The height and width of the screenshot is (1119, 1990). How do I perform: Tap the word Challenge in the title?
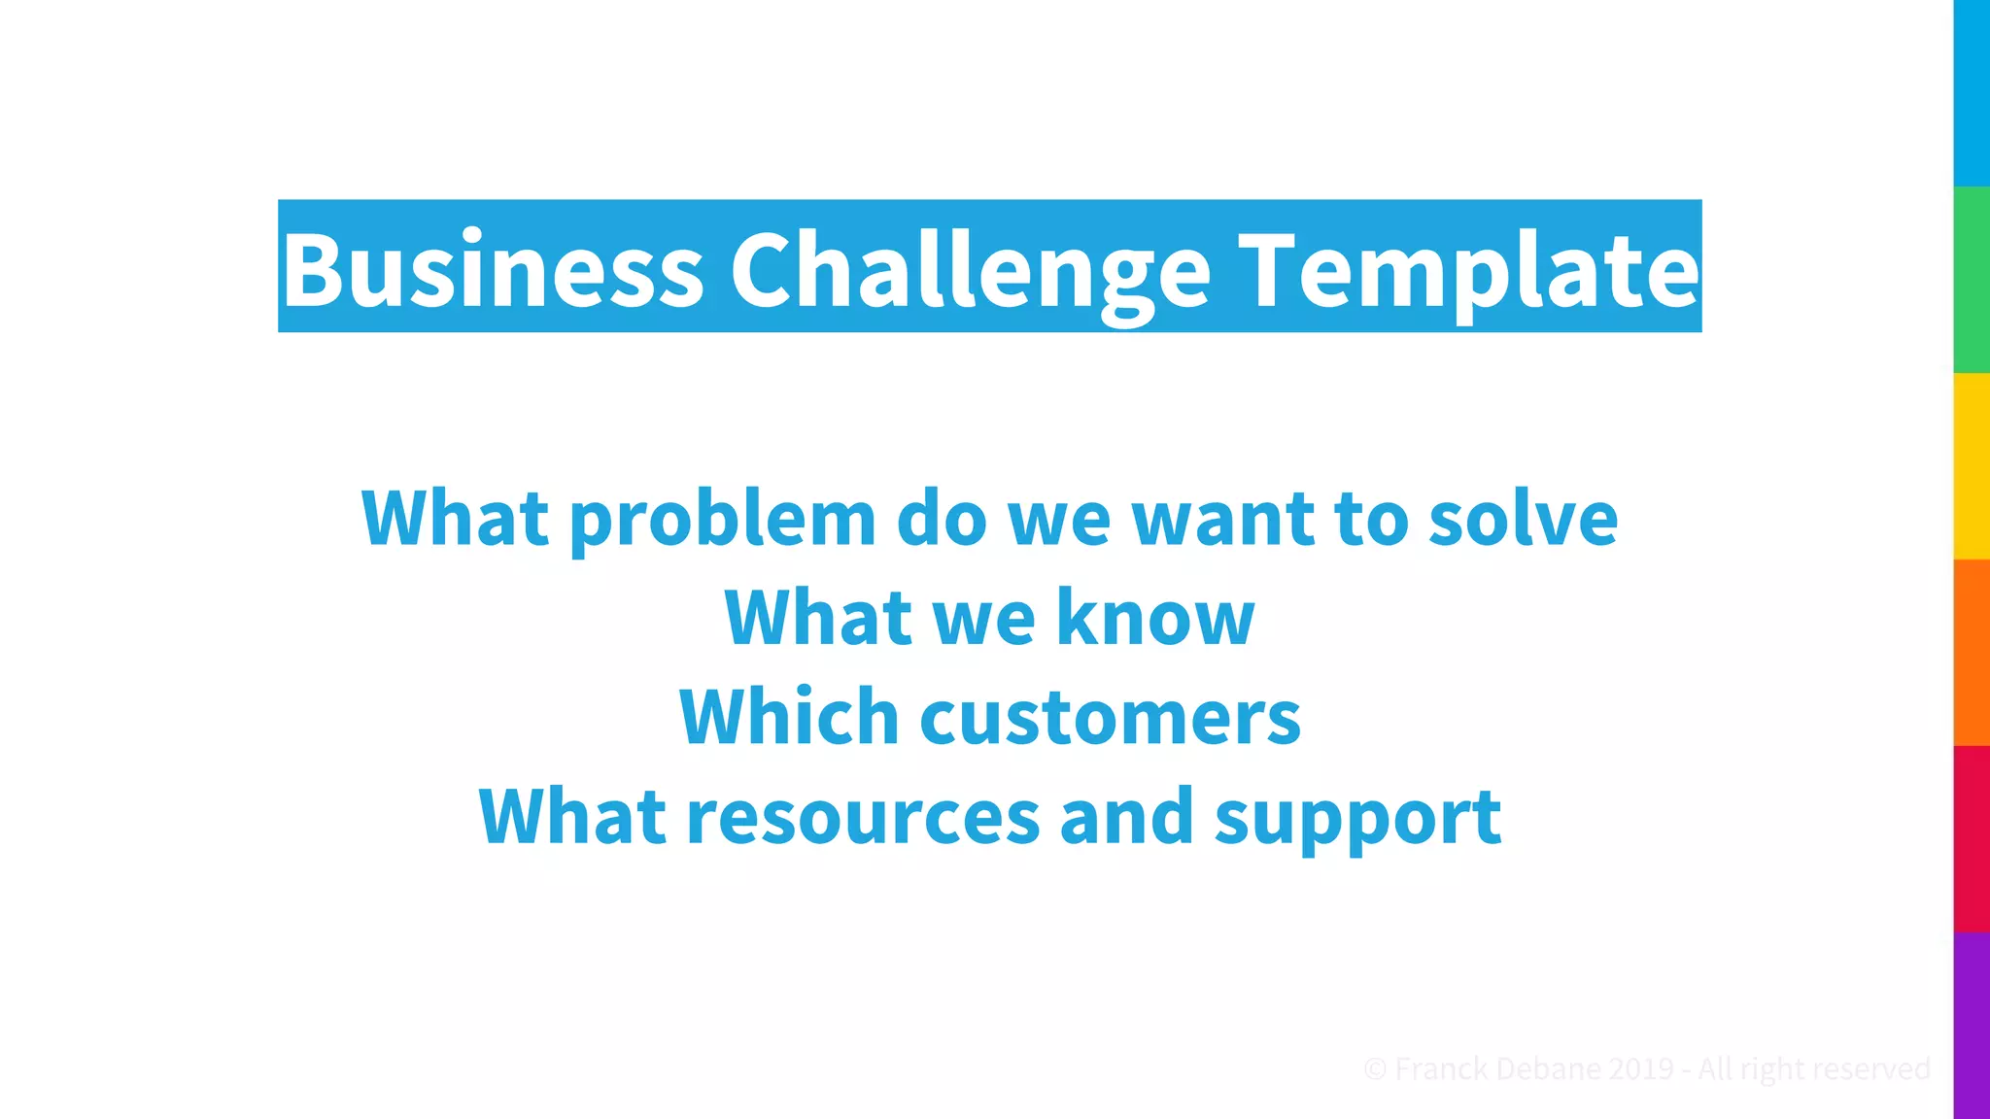[x=970, y=272]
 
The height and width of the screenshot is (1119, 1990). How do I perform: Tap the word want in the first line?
[x=1222, y=521]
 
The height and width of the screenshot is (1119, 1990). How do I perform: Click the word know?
[x=1155, y=618]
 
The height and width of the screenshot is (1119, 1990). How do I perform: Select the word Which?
[x=789, y=717]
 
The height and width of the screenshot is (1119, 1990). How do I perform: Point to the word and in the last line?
[x=1126, y=817]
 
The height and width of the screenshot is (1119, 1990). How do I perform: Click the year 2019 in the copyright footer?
[x=1640, y=1069]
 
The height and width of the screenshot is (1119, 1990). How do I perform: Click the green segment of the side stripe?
[x=1972, y=280]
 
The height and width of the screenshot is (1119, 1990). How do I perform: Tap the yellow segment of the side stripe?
[x=1972, y=466]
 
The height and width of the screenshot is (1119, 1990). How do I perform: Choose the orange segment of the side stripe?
[x=1972, y=653]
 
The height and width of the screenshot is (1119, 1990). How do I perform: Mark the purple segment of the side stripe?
[x=1972, y=1026]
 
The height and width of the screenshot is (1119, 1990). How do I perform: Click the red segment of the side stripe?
[x=1972, y=839]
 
